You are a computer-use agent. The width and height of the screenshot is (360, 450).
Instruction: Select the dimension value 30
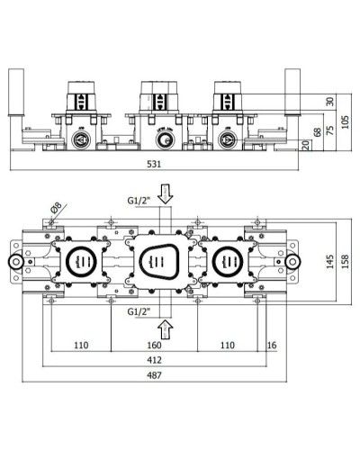[329, 101]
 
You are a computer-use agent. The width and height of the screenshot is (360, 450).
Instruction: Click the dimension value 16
[272, 344]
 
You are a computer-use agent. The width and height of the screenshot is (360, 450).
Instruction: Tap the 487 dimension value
[155, 380]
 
